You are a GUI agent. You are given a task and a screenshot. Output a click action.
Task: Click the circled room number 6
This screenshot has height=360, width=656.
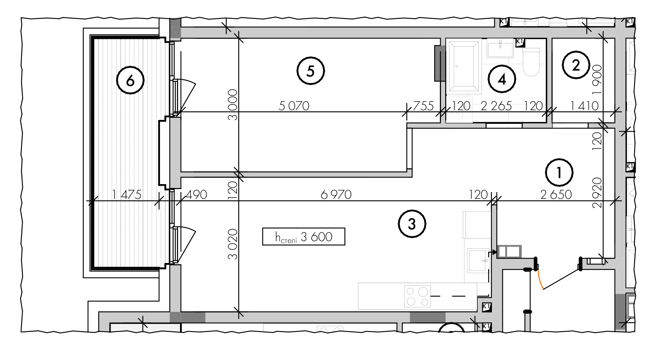click(x=131, y=80)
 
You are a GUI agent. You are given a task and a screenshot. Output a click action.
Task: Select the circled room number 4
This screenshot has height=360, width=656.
click(x=502, y=79)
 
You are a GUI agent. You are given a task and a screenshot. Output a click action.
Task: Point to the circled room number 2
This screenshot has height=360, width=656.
click(x=576, y=66)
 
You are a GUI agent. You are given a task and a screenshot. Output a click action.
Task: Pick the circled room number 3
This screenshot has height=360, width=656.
click(x=412, y=224)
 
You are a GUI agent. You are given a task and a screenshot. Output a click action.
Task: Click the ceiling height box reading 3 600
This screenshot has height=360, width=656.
click(x=304, y=237)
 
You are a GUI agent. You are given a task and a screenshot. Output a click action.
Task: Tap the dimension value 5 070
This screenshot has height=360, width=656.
click(x=294, y=106)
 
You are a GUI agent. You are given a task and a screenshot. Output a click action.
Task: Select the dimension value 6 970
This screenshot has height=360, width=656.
click(x=336, y=195)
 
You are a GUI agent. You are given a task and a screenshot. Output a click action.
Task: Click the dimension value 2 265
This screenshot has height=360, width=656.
click(x=496, y=106)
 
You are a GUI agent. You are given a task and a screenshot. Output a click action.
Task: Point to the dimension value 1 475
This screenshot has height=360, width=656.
click(x=127, y=195)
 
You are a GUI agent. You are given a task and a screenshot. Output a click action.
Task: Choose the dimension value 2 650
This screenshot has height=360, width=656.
click(x=556, y=195)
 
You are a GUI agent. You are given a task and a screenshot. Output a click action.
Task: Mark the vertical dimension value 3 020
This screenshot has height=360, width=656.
click(x=233, y=244)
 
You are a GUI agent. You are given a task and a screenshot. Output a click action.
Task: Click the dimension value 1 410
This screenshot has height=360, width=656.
click(x=584, y=106)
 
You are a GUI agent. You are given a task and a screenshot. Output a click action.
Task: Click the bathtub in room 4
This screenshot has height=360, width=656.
click(x=463, y=67)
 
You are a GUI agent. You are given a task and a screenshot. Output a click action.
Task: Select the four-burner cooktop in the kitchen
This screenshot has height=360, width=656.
click(x=417, y=296)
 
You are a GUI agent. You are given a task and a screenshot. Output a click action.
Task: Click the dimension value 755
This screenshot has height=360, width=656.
click(x=423, y=106)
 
